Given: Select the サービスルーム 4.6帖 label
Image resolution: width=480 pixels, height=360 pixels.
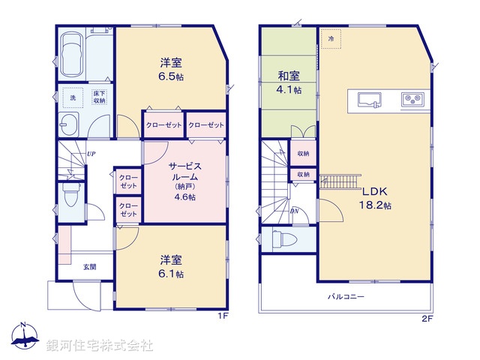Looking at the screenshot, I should [x=184, y=180].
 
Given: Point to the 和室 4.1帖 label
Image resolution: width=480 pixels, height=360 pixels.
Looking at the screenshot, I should [x=289, y=82].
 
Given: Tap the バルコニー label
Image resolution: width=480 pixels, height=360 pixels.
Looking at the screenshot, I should [x=346, y=297].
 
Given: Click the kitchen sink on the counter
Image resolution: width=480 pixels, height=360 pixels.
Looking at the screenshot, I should [x=367, y=99].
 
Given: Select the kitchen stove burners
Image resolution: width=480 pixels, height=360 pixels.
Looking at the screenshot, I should [x=412, y=98].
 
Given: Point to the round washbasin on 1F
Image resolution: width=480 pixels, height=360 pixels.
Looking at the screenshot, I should [x=71, y=125].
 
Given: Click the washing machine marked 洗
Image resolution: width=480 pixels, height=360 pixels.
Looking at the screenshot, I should [x=73, y=97].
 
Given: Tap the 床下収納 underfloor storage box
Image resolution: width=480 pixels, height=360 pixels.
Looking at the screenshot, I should [x=100, y=97].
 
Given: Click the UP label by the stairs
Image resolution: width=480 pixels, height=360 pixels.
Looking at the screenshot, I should [x=90, y=154].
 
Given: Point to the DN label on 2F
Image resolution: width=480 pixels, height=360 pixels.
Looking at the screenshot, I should [x=295, y=210].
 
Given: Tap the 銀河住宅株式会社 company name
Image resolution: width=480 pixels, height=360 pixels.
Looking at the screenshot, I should [x=100, y=346].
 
